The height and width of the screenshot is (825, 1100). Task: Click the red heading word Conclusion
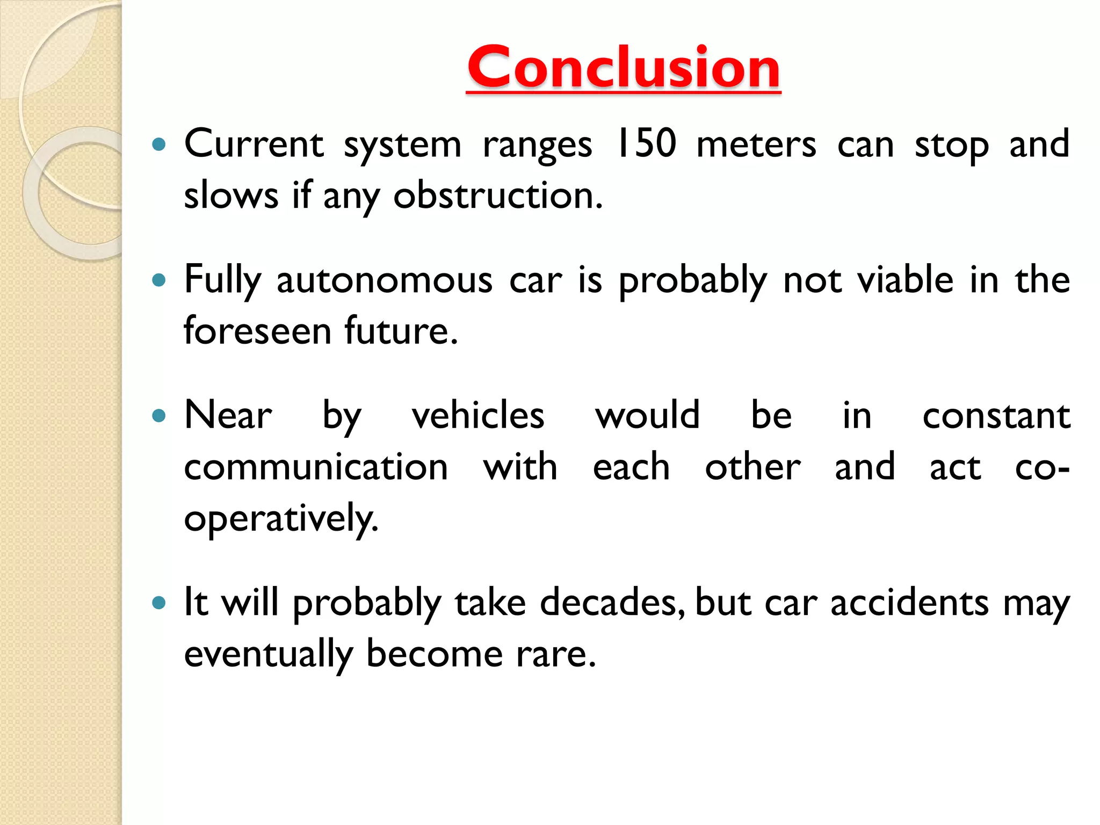[623, 68]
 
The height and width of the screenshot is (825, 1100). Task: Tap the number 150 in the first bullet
[646, 144]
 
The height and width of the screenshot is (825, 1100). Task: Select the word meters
[756, 145]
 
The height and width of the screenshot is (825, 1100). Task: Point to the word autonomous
[384, 280]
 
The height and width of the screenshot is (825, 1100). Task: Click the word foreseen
[257, 331]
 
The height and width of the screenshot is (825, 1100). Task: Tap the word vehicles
[478, 416]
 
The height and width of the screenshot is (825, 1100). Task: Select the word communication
[316, 467]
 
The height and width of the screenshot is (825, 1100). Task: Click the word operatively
[281, 519]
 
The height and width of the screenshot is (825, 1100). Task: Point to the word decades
[612, 603]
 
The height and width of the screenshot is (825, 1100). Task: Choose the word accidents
[909, 603]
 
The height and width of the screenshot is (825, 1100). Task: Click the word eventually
[269, 654]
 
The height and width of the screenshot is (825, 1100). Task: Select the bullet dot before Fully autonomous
[158, 280]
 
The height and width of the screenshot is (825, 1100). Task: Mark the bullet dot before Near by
[158, 415]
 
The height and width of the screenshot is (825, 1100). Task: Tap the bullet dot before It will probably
[158, 603]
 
